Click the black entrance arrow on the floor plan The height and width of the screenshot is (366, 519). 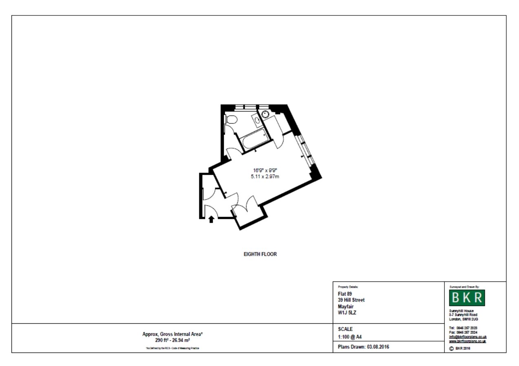[x=211, y=219]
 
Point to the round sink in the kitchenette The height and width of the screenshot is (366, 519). [x=265, y=114]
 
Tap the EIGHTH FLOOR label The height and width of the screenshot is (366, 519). [x=260, y=254]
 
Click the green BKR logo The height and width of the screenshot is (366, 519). [x=467, y=298]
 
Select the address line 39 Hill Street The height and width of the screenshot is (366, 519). [x=351, y=300]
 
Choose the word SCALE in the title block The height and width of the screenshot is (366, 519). [x=345, y=329]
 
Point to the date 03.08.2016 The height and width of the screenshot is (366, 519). [x=381, y=347]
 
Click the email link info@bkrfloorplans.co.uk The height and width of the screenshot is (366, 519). [x=468, y=337]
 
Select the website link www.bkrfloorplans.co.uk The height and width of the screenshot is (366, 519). [x=467, y=341]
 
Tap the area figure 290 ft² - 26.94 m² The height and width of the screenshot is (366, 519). [x=172, y=340]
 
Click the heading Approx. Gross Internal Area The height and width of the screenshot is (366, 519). [x=172, y=334]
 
